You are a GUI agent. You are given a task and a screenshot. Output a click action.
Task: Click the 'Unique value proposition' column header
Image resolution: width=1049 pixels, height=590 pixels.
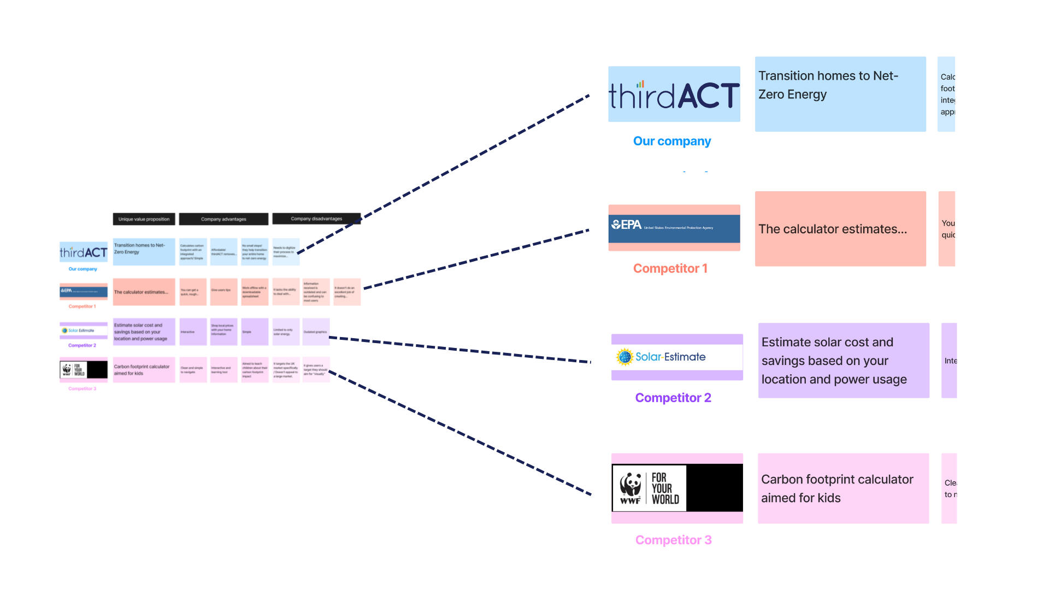[144, 219]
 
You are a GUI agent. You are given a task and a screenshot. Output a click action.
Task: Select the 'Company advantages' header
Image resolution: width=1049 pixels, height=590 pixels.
[223, 219]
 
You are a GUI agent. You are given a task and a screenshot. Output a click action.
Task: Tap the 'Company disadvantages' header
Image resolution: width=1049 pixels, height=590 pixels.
[316, 219]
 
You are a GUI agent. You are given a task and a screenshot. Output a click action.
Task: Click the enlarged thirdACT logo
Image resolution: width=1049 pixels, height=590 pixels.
[674, 95]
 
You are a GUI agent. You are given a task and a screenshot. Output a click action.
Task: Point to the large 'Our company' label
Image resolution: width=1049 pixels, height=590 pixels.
[672, 141]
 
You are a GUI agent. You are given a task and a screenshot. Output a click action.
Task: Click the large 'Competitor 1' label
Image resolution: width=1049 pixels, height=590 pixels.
[670, 268]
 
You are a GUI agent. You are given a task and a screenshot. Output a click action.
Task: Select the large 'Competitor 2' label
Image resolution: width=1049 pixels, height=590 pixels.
[673, 398]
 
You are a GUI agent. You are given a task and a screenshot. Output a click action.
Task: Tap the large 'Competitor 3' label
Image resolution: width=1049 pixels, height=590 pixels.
[673, 540]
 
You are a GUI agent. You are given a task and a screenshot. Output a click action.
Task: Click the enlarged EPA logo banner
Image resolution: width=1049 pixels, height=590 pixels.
[674, 228]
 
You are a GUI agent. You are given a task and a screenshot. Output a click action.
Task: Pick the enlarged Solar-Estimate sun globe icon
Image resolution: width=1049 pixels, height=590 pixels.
[624, 357]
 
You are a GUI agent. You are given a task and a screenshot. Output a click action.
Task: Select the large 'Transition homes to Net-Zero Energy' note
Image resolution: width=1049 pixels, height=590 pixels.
[840, 94]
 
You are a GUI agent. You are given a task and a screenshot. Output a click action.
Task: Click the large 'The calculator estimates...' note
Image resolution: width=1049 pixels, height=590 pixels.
[840, 229]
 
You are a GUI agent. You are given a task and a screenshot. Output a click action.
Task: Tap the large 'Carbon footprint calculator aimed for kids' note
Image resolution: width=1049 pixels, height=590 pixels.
[843, 488]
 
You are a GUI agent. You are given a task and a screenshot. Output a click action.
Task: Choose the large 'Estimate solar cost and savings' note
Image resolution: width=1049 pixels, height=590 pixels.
[844, 361]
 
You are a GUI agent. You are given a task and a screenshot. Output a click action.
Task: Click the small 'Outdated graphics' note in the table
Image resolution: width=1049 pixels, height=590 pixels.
[316, 332]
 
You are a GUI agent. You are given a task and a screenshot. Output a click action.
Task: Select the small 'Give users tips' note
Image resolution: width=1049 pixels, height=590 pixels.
[223, 291]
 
